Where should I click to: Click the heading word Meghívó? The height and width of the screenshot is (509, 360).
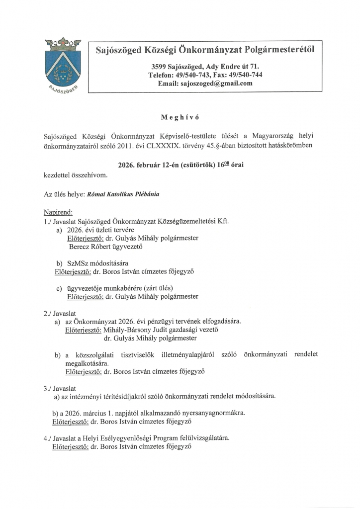pos(180,117)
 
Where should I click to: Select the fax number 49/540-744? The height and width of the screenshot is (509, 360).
pos(245,75)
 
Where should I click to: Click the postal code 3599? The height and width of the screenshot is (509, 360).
pos(161,66)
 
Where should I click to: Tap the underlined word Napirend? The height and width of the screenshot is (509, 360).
pos(58,212)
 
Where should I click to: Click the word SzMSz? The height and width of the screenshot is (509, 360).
pos(78,262)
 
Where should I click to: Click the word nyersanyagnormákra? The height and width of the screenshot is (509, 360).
pos(212,413)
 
